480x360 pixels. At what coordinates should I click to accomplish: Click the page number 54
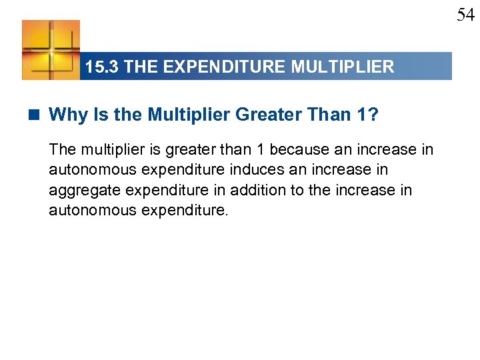coord(465,14)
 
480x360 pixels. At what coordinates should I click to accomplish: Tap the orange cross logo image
coord(51,49)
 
